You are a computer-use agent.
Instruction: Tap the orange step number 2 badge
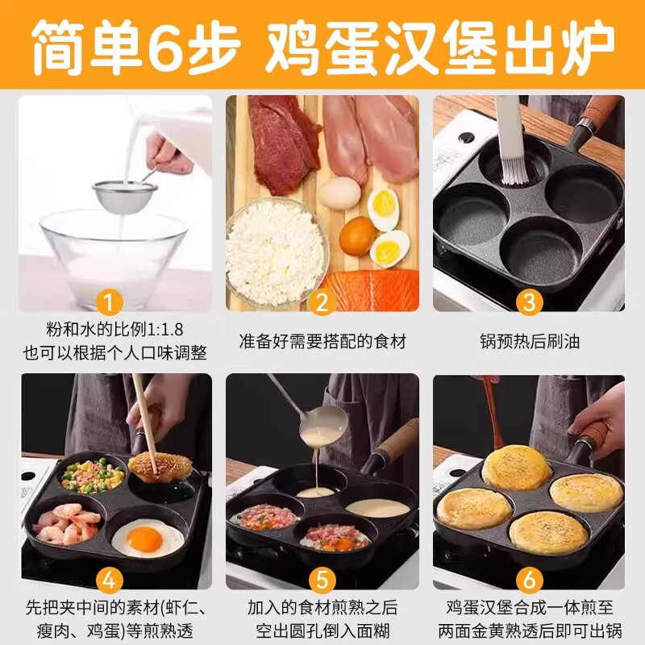click(x=322, y=303)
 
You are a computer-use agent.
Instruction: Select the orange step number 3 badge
click(x=529, y=303)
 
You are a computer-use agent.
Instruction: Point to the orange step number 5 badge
click(x=322, y=580)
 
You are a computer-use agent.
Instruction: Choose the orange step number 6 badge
click(x=529, y=580)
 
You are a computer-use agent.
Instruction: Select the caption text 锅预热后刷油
click(x=529, y=341)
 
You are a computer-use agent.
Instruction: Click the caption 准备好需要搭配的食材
click(x=322, y=341)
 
